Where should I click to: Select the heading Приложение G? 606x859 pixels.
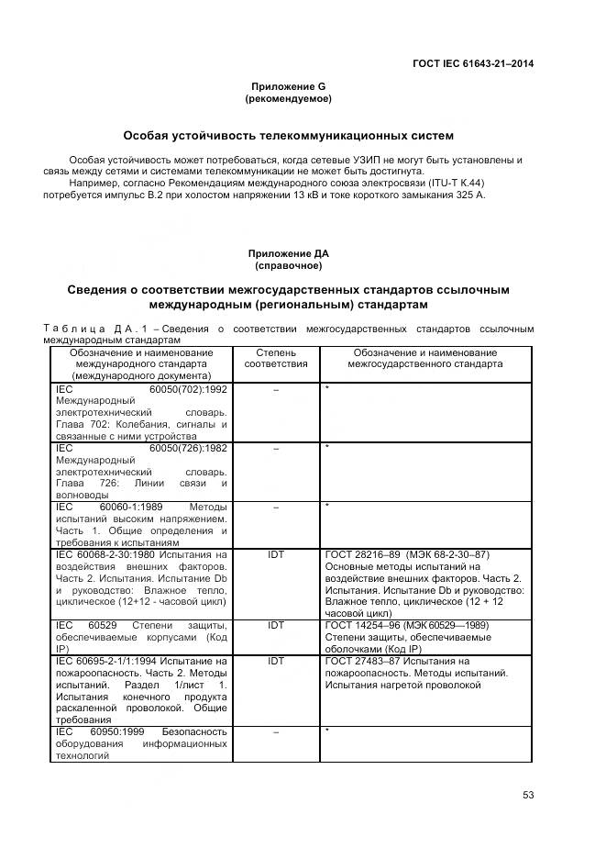click(x=287, y=86)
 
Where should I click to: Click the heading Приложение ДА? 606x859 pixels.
click(x=288, y=253)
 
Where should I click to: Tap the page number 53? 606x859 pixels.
click(x=528, y=795)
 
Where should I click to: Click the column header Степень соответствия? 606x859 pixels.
click(x=276, y=358)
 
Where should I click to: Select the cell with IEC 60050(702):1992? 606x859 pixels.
click(x=142, y=412)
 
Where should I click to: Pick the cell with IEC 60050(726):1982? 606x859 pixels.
click(x=142, y=471)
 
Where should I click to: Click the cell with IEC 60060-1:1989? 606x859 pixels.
click(x=142, y=524)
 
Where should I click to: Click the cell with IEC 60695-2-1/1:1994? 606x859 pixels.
click(x=142, y=689)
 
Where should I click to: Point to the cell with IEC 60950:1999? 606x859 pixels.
click(x=142, y=743)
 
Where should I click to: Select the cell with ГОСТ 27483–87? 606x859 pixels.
click(x=425, y=673)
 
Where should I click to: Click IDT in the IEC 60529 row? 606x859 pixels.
click(x=276, y=625)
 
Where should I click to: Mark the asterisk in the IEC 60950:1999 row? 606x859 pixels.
click(x=327, y=731)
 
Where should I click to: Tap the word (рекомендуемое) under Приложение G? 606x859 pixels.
click(x=288, y=98)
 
